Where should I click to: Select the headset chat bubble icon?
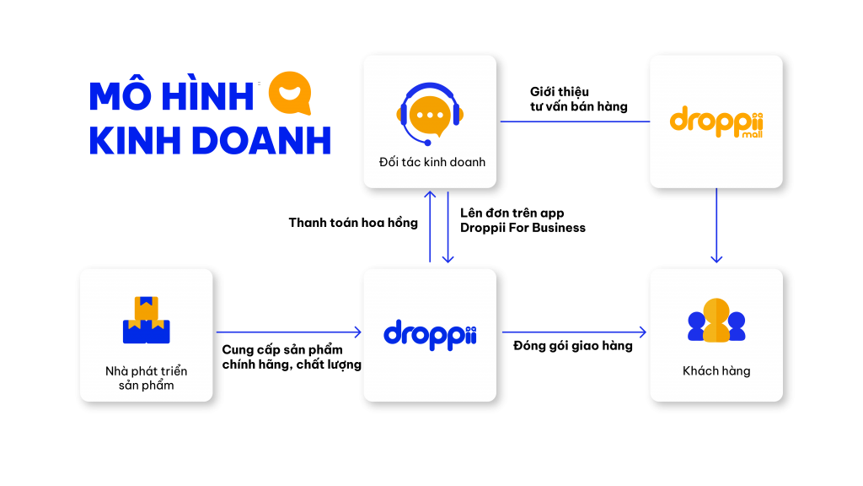[x=430, y=114]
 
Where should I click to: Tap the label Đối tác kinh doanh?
[x=431, y=162]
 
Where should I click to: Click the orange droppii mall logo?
[x=716, y=121]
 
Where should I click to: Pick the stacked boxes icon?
[x=147, y=320]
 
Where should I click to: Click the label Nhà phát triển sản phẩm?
[x=147, y=378]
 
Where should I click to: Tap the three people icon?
[x=716, y=321]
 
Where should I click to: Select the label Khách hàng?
[x=716, y=370]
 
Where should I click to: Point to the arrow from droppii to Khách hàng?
[x=574, y=332]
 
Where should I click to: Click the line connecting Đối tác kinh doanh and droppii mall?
[x=574, y=121]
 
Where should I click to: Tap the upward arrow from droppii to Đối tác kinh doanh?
[x=430, y=226]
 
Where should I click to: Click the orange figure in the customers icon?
[x=716, y=321]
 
